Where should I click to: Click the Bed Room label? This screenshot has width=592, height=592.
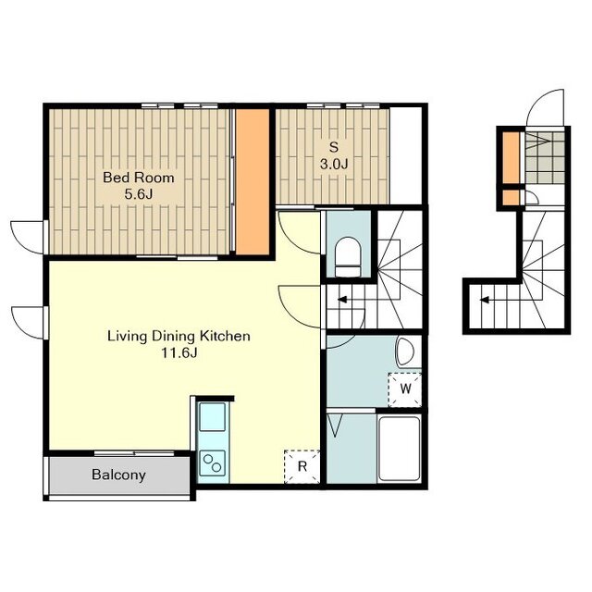pyautogui.click(x=139, y=178)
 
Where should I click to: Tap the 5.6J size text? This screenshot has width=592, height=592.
pyautogui.click(x=139, y=194)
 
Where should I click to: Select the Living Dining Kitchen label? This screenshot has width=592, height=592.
pyautogui.click(x=179, y=336)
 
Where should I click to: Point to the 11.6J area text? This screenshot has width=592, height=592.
pyautogui.click(x=179, y=352)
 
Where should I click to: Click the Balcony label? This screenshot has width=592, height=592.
pyautogui.click(x=118, y=475)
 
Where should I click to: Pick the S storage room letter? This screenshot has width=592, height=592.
pyautogui.click(x=334, y=147)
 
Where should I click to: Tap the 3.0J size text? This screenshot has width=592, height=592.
pyautogui.click(x=334, y=164)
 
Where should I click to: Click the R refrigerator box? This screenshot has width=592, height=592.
pyautogui.click(x=302, y=466)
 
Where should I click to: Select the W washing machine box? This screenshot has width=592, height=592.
pyautogui.click(x=405, y=389)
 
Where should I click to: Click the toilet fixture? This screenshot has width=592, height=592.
pyautogui.click(x=348, y=257)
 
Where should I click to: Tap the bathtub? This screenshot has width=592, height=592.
pyautogui.click(x=399, y=448)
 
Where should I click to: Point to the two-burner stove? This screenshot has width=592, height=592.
pyautogui.click(x=212, y=463)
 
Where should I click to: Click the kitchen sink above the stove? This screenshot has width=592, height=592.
pyautogui.click(x=212, y=417)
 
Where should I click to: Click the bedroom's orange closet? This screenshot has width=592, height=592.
pyautogui.click(x=253, y=182)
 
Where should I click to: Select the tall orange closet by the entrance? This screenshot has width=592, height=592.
pyautogui.click(x=512, y=157)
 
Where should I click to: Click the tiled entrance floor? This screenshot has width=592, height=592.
pyautogui.click(x=545, y=157)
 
